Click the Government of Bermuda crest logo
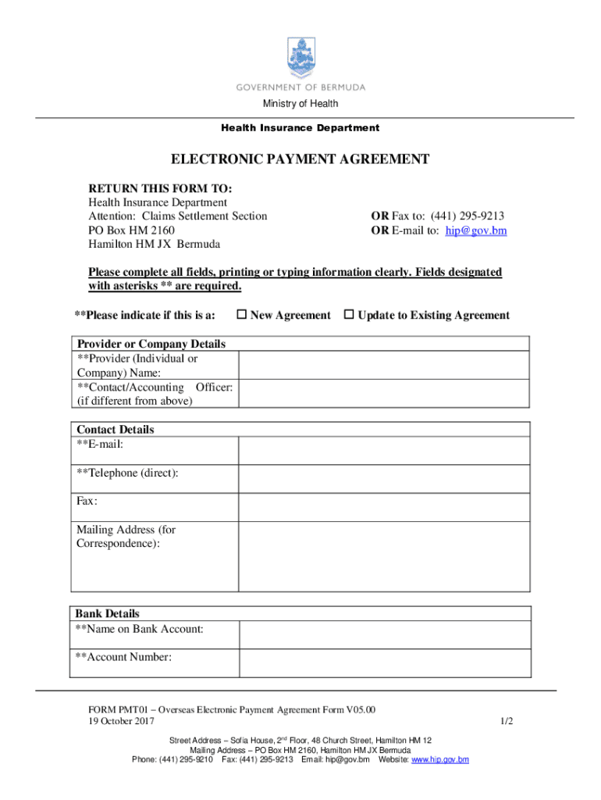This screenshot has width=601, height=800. pos(301,56)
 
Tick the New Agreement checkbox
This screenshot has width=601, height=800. pos(242,315)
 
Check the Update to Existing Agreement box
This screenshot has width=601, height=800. pos(350,315)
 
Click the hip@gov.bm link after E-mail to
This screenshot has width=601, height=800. pos(476,230)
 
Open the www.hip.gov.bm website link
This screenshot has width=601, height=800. pos(440,759)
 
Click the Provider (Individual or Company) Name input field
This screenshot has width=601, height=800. pos(384,365)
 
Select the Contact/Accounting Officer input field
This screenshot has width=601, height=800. pos(384,394)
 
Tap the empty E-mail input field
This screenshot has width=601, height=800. pos(384,451)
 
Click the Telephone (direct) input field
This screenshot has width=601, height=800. pos(384,479)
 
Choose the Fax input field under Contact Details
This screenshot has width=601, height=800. pos(384,507)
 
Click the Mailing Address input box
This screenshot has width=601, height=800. pos(384,556)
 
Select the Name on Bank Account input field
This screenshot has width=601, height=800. pos(384,635)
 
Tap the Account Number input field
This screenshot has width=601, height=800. pos(384,663)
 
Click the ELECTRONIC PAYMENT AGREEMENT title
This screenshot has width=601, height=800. pos(300,160)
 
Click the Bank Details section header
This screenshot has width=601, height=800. pos(108,613)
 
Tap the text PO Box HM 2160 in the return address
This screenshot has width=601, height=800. pos(131,230)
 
